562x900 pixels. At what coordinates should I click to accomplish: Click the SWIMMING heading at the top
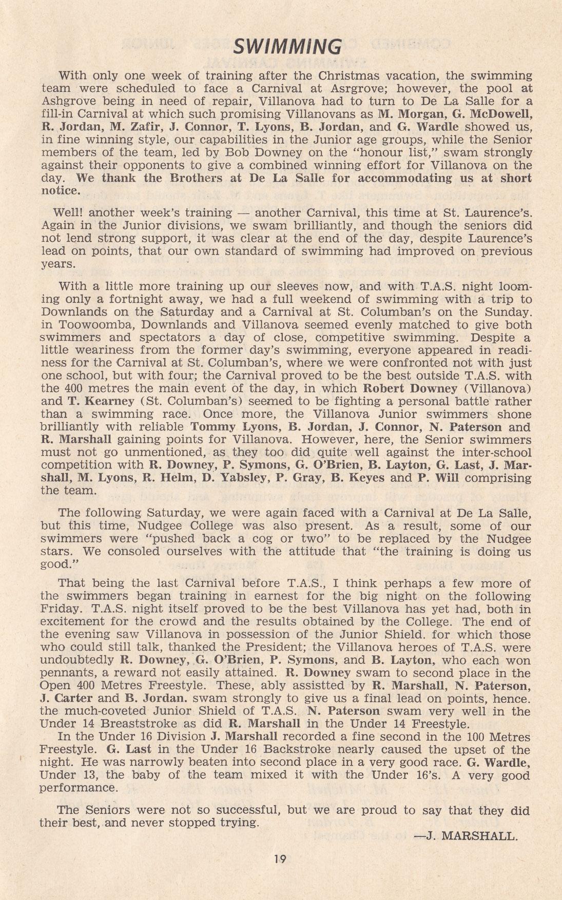point(287,47)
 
